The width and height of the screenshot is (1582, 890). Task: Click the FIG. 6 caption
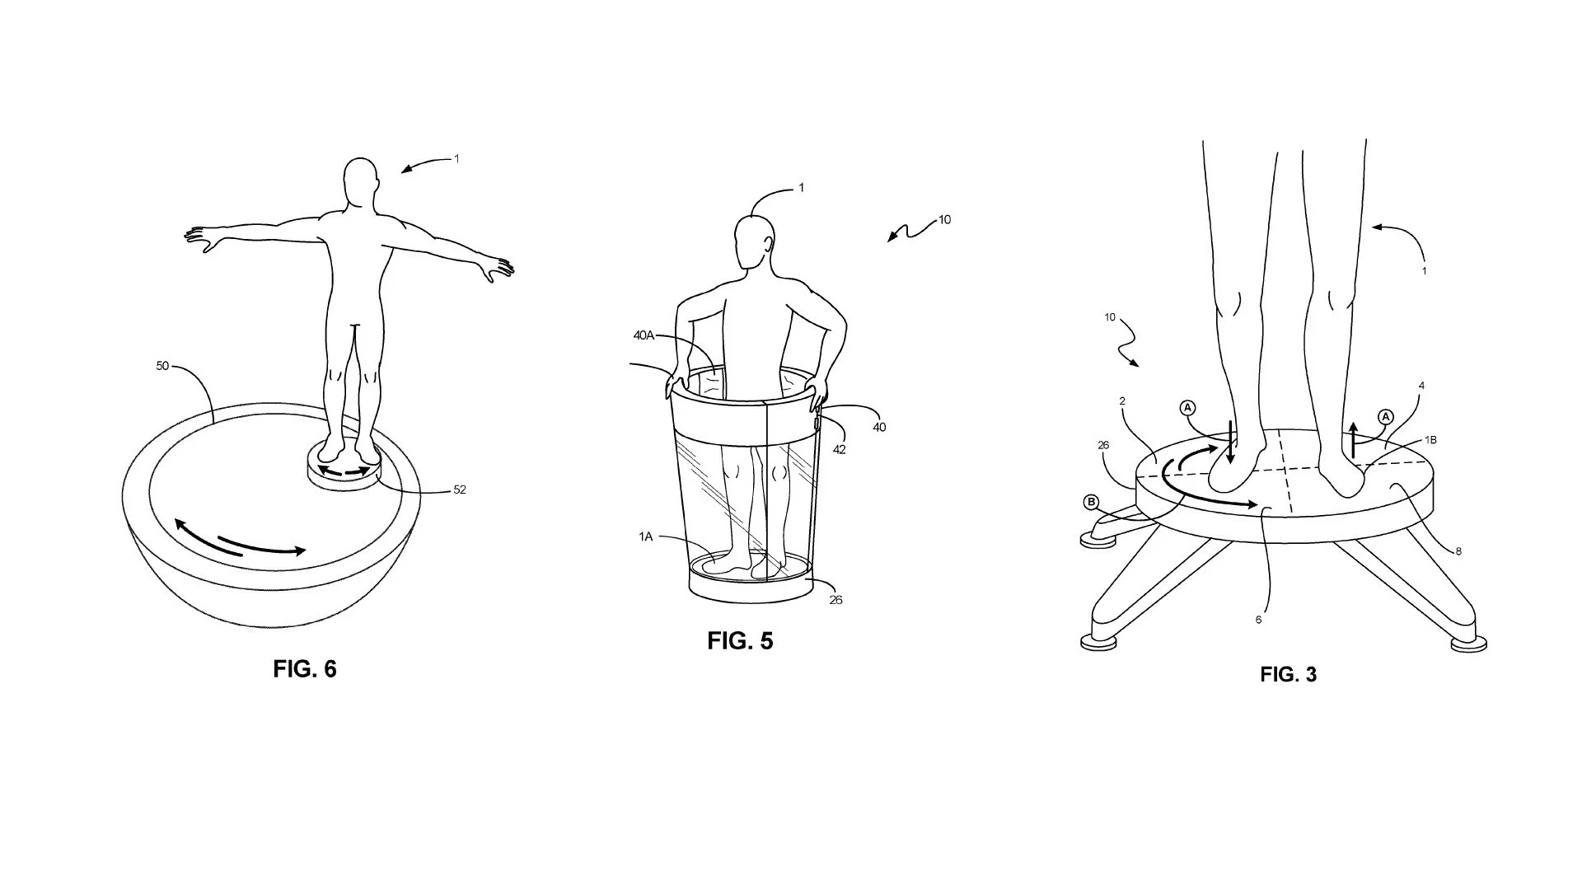click(x=305, y=668)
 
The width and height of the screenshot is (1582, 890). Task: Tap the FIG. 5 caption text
click(x=740, y=640)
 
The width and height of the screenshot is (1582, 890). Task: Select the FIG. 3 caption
click(x=1289, y=675)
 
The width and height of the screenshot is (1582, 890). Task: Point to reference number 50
click(x=162, y=366)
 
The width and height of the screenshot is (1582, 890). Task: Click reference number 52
click(x=460, y=489)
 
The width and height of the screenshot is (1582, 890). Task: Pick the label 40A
click(x=644, y=335)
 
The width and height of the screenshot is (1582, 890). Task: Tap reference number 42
click(x=839, y=450)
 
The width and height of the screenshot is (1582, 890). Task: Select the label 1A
click(x=646, y=536)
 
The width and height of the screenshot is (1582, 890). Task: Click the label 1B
click(x=1430, y=440)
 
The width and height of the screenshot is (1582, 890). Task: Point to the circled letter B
click(x=1091, y=502)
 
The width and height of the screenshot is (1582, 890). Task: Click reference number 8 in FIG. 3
click(x=1458, y=551)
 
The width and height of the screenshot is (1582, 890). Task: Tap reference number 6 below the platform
click(x=1258, y=620)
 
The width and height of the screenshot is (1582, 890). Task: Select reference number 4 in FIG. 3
click(x=1421, y=386)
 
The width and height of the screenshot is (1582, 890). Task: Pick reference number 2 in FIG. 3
click(x=1122, y=401)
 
